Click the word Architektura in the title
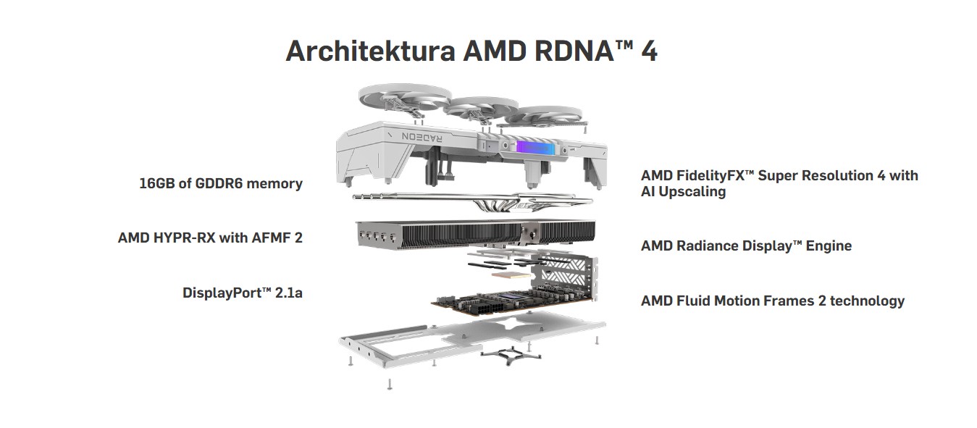(x=369, y=52)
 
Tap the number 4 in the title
(x=649, y=52)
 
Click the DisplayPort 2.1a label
(x=242, y=293)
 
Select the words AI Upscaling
(x=683, y=192)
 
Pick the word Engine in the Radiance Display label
(x=828, y=246)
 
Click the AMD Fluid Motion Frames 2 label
(x=772, y=301)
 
